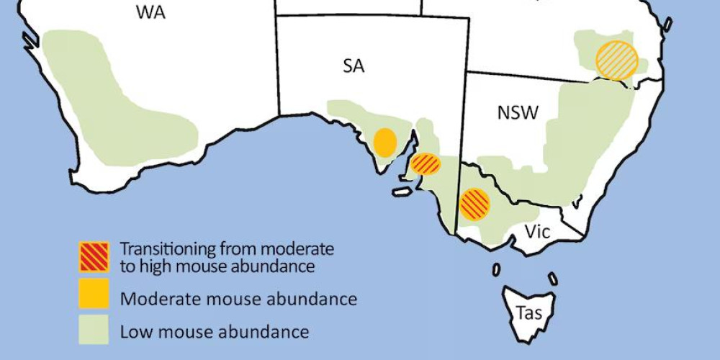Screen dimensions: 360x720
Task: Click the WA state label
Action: [x=150, y=12]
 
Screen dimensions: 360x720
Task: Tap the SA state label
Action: [x=354, y=67]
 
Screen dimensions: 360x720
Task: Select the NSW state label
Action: [x=518, y=112]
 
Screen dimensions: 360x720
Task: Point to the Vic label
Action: [x=536, y=233]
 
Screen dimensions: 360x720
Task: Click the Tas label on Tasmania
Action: [x=529, y=313]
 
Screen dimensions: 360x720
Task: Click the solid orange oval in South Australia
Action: [x=385, y=143]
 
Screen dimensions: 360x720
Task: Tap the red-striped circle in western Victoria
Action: [x=475, y=204]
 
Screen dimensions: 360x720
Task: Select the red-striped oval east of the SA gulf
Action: [x=426, y=164]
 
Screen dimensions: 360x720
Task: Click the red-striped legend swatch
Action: [x=94, y=256]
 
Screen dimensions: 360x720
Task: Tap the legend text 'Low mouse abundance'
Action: [x=215, y=332]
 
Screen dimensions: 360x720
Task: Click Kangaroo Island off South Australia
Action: [x=401, y=192]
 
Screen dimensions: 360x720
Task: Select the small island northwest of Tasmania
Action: [x=496, y=269]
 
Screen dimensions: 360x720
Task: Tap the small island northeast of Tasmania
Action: [x=552, y=278]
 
